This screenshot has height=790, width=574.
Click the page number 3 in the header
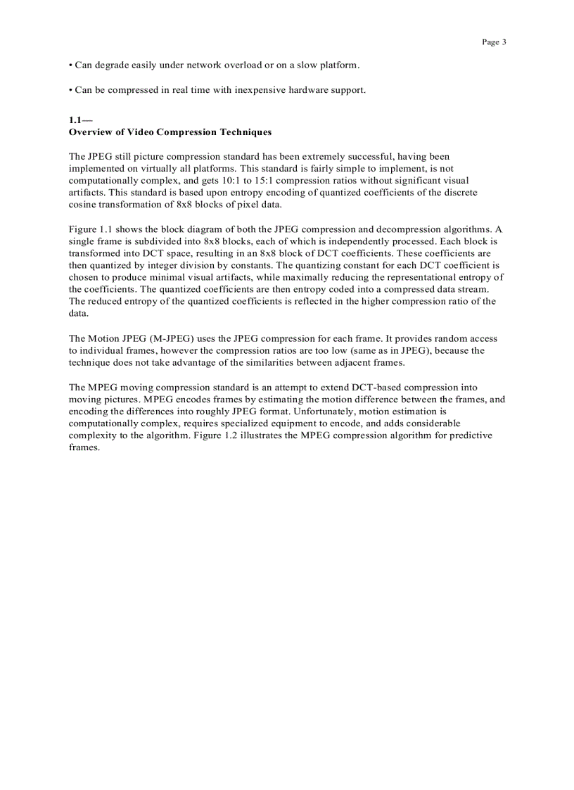pos(504,42)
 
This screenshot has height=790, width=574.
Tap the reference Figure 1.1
pos(91,229)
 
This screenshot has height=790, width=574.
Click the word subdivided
pos(158,241)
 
